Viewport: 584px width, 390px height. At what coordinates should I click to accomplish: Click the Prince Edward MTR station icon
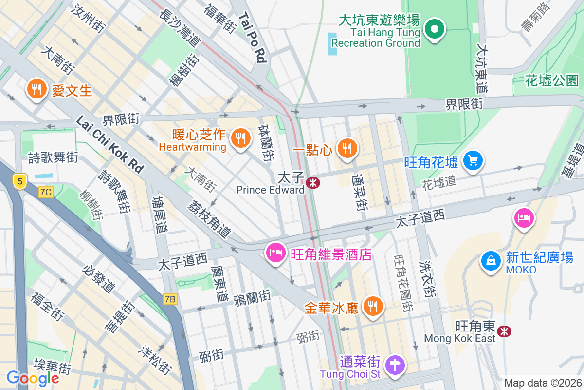pos(312,182)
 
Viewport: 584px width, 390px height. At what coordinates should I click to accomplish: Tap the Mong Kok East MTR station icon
pos(505,331)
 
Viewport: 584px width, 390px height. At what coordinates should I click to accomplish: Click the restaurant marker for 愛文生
pos(36,89)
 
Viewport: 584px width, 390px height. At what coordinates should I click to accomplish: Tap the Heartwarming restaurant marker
pos(240,138)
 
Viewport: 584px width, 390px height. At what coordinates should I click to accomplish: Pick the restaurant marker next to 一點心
pos(347,148)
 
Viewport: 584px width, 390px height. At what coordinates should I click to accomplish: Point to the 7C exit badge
pos(46,192)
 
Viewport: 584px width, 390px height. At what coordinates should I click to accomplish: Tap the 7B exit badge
pos(170,299)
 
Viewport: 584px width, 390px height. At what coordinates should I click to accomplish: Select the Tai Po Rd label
pos(253,38)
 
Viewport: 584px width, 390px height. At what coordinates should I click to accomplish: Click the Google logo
pos(33,378)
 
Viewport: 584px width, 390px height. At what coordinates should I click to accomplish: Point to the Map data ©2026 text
pos(542,383)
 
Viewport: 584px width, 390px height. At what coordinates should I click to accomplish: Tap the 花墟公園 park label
pos(551,80)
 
